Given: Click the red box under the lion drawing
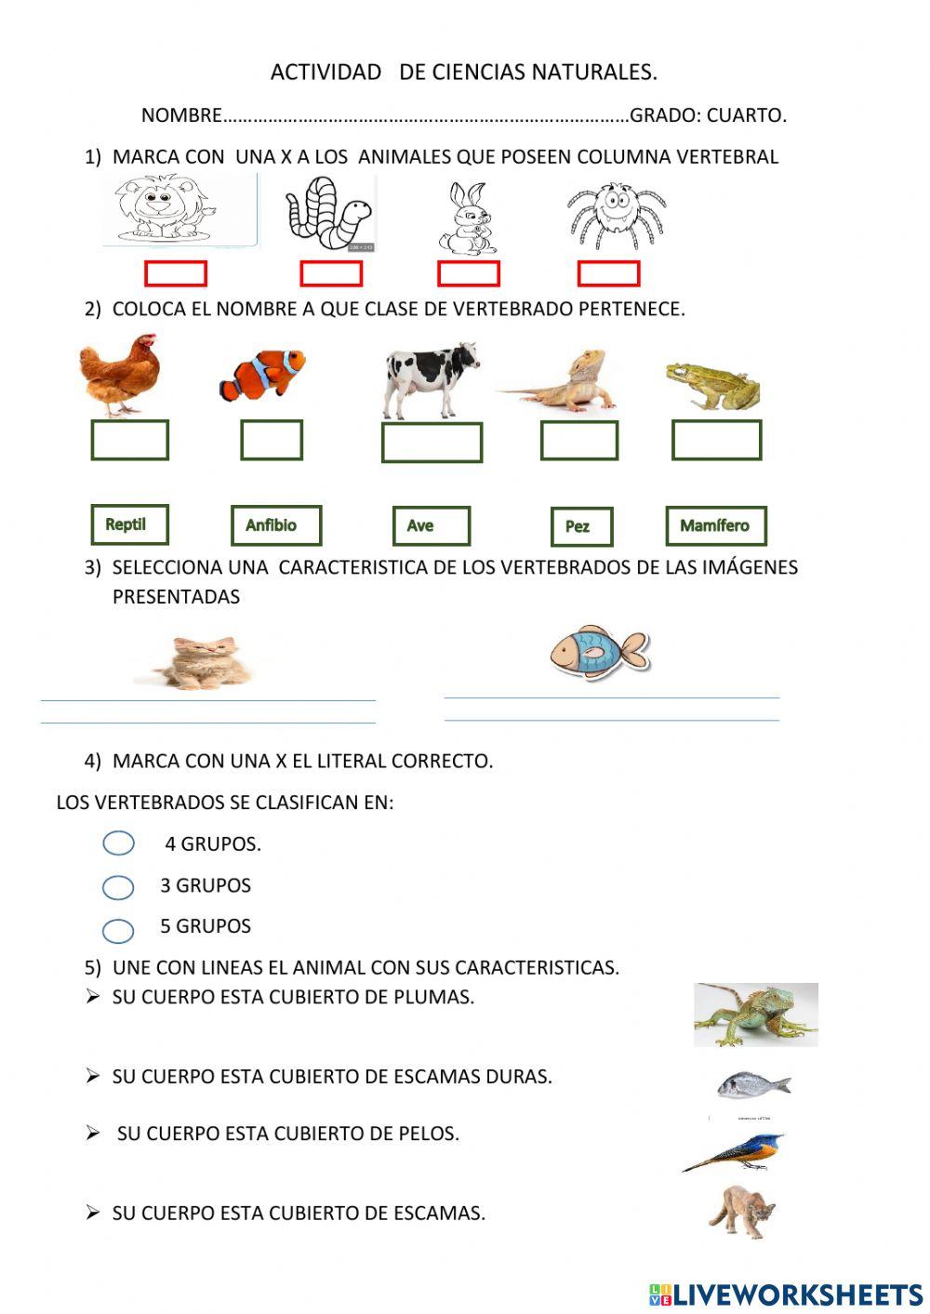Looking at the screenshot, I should click(176, 273).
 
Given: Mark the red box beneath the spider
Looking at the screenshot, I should click(608, 273).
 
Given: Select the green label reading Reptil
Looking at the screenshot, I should click(130, 524).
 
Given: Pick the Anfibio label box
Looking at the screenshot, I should click(276, 525).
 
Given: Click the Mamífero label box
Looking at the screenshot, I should click(716, 525).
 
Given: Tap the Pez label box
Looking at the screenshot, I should click(581, 526).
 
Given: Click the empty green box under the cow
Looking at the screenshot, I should click(432, 443).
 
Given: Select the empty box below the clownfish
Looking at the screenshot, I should click(272, 440).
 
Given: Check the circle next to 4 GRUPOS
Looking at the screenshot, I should click(118, 843).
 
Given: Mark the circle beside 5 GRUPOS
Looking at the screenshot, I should click(118, 930).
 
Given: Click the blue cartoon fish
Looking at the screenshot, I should click(597, 651).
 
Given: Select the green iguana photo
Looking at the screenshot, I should click(755, 1015).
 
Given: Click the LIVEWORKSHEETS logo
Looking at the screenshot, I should click(786, 1294).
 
